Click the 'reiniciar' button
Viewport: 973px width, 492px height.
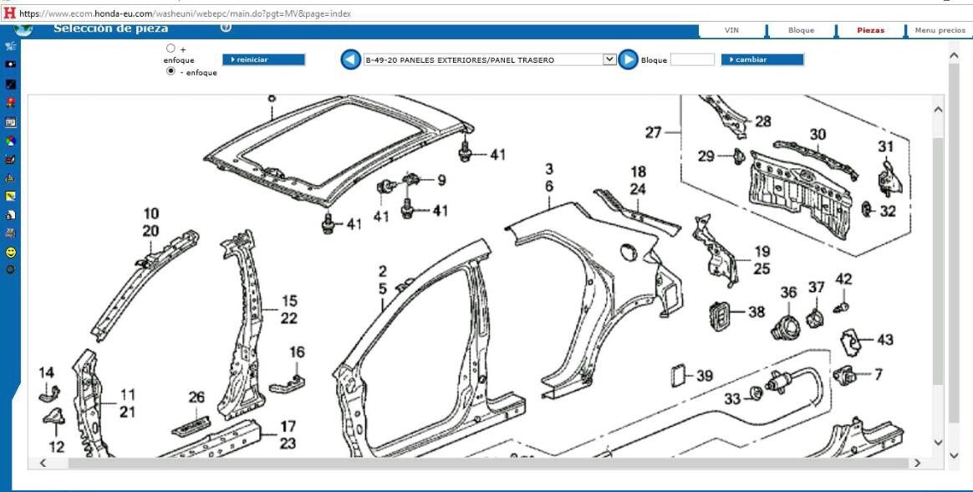coord(263,59)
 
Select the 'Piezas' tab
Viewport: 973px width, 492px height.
coord(870,30)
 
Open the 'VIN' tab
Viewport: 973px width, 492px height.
coord(731,30)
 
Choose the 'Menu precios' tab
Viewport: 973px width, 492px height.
coord(940,30)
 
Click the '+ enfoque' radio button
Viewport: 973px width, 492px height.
coord(171,49)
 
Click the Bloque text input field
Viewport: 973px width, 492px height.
coord(692,59)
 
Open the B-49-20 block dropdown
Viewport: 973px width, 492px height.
coord(490,59)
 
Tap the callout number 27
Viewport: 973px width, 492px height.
coord(654,132)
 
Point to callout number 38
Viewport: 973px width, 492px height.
coord(756,312)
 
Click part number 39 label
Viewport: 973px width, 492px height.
coord(705,377)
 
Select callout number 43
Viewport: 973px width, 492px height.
coord(884,340)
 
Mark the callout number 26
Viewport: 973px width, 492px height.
coord(196,397)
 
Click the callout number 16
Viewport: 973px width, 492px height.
coord(297,352)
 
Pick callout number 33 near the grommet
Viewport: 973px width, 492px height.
coord(732,399)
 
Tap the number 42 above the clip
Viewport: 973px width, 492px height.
coord(844,279)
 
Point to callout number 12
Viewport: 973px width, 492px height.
coord(56,447)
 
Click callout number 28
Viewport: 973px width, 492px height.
coord(762,121)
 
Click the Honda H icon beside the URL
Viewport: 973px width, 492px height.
coord(9,13)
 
